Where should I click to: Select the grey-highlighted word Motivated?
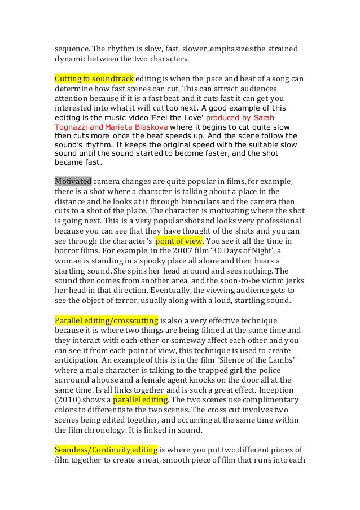coord(73,182)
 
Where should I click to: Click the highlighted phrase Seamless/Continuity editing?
coord(106,450)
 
